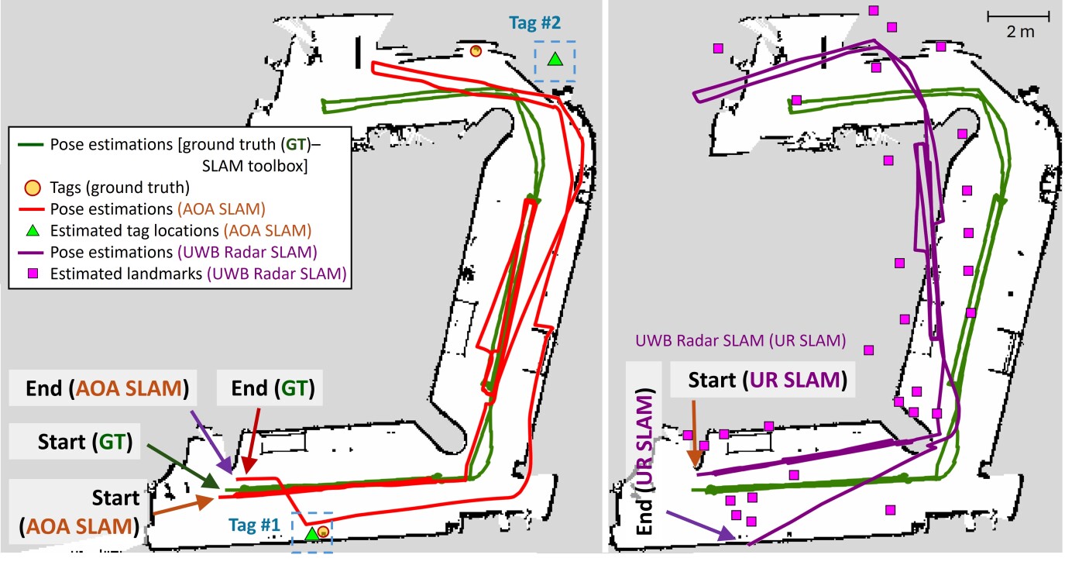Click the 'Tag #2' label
535,22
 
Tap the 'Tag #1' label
254,525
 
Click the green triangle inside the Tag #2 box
555,60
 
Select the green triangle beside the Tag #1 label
311,533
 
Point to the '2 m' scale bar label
1020,32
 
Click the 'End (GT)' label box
270,388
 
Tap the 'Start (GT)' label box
74,441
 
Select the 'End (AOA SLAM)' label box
103,388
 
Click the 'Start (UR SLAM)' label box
763,380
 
